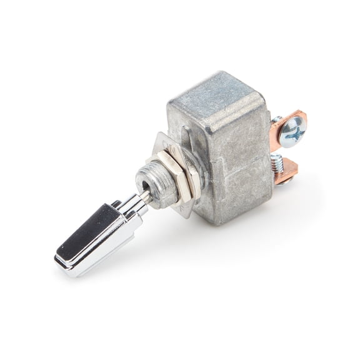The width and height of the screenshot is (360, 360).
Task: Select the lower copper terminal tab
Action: click(x=287, y=173)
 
